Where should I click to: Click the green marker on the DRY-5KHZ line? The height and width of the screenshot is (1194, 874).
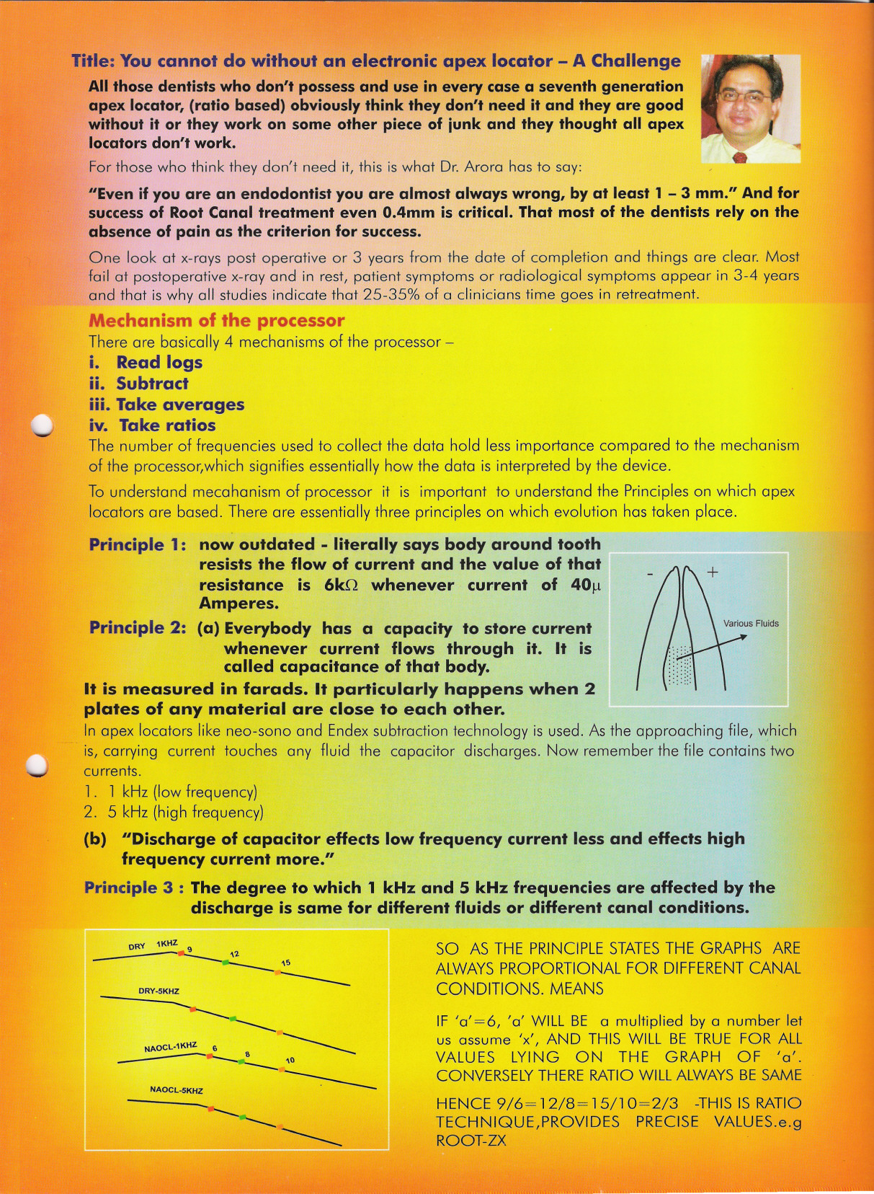coord(232,1018)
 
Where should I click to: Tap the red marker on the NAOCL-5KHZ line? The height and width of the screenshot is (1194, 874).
coord(210,1108)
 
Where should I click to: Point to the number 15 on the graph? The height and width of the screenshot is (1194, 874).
coord(286,963)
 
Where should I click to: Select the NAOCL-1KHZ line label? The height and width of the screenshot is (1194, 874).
coord(171,1046)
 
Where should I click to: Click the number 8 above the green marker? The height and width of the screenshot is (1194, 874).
coord(247,1054)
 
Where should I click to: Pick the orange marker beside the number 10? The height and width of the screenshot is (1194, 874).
coord(281,1069)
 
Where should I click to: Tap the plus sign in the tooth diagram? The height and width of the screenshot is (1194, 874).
coord(713,572)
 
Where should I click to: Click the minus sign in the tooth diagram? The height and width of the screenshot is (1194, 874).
coord(650,574)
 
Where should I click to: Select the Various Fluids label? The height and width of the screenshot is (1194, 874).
coord(751,624)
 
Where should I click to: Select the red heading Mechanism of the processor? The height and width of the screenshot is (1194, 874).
coord(216,320)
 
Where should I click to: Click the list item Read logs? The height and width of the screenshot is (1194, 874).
coord(159,363)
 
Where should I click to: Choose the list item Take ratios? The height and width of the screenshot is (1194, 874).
coord(167,425)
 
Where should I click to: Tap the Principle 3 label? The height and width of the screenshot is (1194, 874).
coord(129,888)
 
